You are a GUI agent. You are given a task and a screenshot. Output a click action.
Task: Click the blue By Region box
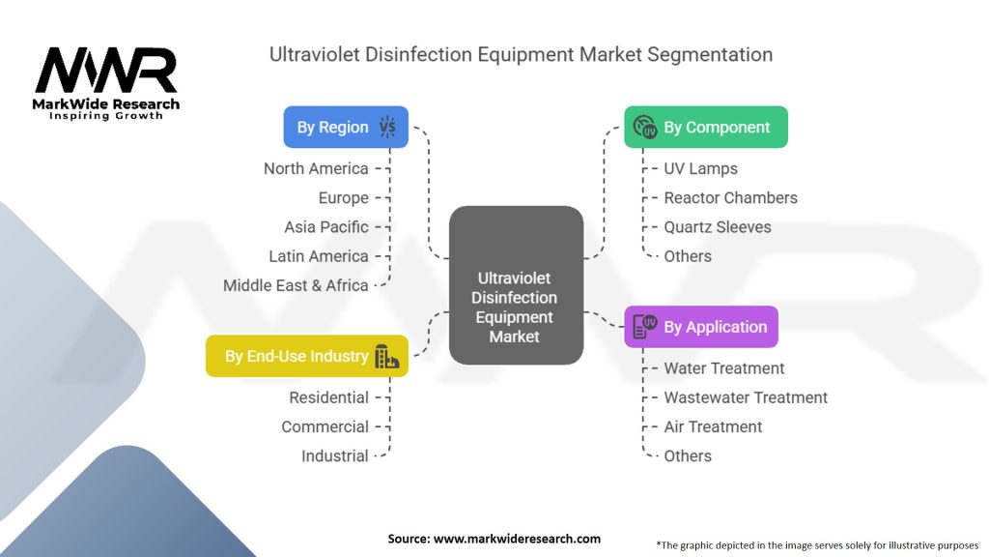click(x=346, y=127)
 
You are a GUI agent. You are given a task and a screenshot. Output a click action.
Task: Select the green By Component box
click(x=706, y=127)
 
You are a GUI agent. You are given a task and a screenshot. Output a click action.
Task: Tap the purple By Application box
click(x=701, y=327)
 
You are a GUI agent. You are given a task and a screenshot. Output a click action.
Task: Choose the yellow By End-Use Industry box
click(x=306, y=356)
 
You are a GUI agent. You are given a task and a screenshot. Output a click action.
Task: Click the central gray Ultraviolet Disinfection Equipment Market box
click(x=516, y=285)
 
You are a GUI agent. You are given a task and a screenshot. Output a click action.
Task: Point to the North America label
click(x=316, y=168)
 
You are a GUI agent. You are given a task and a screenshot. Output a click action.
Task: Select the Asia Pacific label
click(x=326, y=226)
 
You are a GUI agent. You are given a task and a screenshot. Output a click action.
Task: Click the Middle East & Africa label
click(x=296, y=285)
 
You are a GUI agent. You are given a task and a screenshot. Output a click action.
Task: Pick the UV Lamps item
click(x=701, y=168)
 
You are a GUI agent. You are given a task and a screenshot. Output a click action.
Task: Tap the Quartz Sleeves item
click(x=718, y=226)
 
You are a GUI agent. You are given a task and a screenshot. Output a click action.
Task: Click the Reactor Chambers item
click(x=730, y=197)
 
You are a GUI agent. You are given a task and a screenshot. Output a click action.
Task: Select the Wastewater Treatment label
click(x=746, y=397)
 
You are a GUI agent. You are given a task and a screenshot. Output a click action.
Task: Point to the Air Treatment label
click(x=713, y=426)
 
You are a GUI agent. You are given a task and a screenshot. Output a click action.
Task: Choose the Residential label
click(x=328, y=397)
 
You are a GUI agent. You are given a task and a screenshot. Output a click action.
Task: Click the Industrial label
click(x=335, y=456)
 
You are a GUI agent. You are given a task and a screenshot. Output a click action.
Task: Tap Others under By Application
click(x=688, y=456)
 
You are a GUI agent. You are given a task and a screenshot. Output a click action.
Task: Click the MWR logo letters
click(x=106, y=70)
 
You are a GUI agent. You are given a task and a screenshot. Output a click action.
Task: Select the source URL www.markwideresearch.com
click(x=517, y=539)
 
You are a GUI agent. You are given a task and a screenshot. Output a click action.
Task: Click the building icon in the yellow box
click(x=386, y=356)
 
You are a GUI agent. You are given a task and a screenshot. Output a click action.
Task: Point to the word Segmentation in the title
click(x=710, y=55)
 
